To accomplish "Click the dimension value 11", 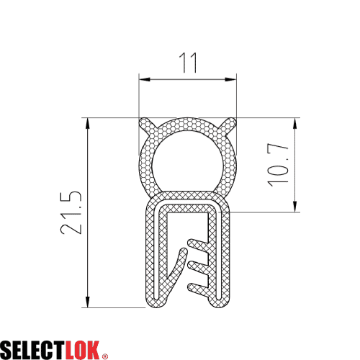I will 188,63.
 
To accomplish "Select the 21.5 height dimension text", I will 70,213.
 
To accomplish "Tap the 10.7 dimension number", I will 281,165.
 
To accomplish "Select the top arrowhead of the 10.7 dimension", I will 295,122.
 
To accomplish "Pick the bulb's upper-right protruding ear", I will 230,122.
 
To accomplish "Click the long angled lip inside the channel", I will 179,270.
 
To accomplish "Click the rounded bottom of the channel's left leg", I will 156,303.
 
